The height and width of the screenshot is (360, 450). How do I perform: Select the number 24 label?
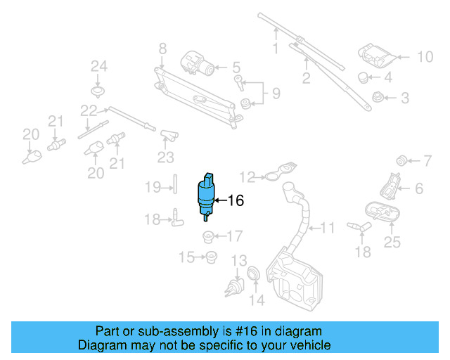click(98, 67)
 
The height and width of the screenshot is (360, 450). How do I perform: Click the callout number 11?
click(328, 228)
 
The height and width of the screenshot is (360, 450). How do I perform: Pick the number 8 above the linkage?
click(162, 49)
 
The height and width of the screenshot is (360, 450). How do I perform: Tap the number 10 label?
click(425, 57)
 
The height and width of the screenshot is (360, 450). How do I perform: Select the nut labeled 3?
click(376, 97)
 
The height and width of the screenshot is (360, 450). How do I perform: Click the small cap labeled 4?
click(363, 77)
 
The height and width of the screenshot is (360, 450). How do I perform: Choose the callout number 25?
click(392, 243)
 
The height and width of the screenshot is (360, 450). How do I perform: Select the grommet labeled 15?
click(210, 257)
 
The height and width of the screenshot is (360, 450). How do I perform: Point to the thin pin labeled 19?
click(173, 186)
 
